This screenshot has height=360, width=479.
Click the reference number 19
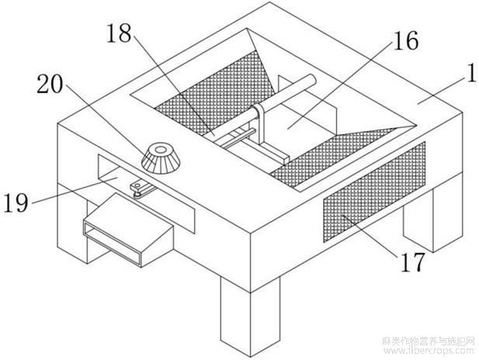[16, 202]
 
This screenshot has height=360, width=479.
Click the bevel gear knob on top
[161, 159]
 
